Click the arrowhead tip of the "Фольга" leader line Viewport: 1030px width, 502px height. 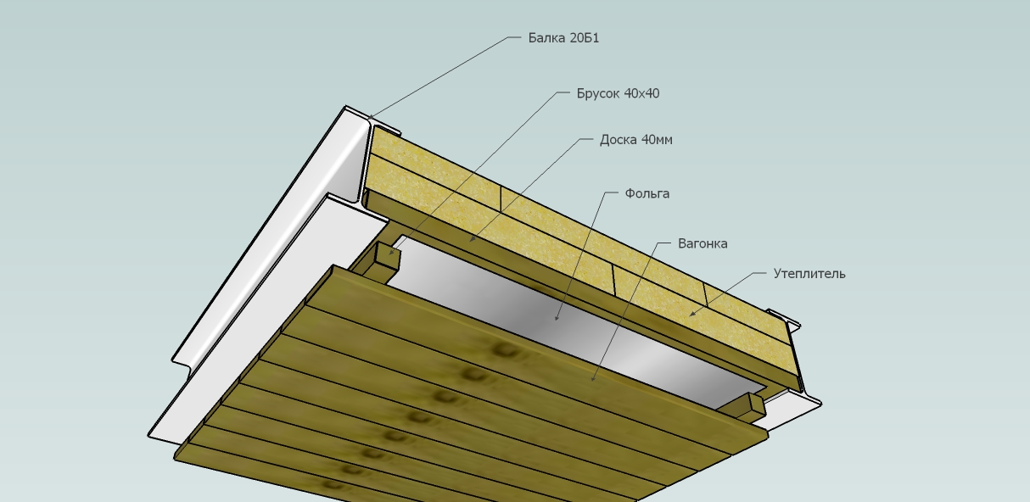click(x=557, y=320)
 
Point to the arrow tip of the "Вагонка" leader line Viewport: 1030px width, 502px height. click(x=592, y=381)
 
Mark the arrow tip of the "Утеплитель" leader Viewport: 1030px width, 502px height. click(x=689, y=315)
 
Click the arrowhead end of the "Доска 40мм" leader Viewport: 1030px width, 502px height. click(x=469, y=242)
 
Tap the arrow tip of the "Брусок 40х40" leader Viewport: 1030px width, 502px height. click(x=390, y=254)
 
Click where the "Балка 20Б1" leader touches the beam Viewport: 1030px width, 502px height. click(x=368, y=120)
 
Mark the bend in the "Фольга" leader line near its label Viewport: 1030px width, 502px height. click(x=605, y=192)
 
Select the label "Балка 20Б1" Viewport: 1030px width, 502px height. click(x=563, y=37)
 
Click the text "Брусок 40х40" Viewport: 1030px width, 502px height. click(x=618, y=93)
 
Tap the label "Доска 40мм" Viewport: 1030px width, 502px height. click(x=636, y=140)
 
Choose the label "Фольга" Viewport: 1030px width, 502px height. click(x=647, y=193)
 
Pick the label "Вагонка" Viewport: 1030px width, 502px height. click(x=703, y=243)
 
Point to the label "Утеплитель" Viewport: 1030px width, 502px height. click(x=809, y=274)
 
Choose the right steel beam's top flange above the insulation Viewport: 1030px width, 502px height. click(x=783, y=318)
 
